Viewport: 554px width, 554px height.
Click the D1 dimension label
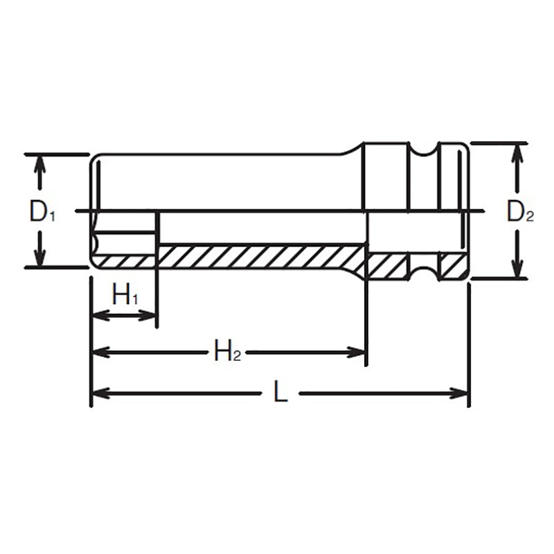(42, 212)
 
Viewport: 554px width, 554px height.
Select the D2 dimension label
(519, 212)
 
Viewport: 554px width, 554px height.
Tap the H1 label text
(125, 297)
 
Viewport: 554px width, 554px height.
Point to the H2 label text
(226, 352)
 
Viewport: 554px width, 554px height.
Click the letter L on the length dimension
(279, 393)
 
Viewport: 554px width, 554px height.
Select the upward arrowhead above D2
(516, 152)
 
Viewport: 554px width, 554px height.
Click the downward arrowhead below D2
(516, 269)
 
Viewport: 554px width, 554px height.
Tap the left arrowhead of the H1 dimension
(99, 316)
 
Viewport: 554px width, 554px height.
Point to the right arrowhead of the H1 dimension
(149, 316)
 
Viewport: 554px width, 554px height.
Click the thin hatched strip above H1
(125, 261)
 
